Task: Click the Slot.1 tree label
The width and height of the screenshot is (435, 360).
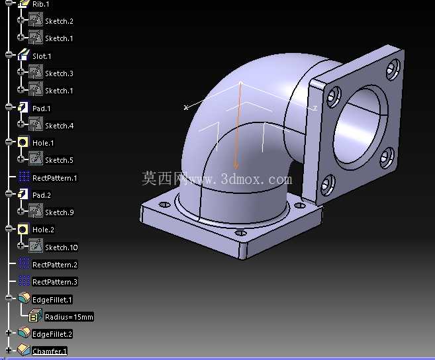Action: point(42,56)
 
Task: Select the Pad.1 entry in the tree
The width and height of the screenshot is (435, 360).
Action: point(42,109)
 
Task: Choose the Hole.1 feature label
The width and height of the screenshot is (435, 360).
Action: point(43,143)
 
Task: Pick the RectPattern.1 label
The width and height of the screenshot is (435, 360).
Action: point(55,178)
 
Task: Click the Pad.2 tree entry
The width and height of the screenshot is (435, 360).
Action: point(42,195)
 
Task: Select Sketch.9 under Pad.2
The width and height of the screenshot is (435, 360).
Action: point(60,212)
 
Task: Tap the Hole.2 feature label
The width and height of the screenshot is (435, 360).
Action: point(43,230)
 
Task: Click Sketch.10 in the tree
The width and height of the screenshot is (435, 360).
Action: point(62,247)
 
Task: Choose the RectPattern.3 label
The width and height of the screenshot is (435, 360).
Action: point(55,282)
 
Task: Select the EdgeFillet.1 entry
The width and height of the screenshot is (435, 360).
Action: point(52,300)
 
